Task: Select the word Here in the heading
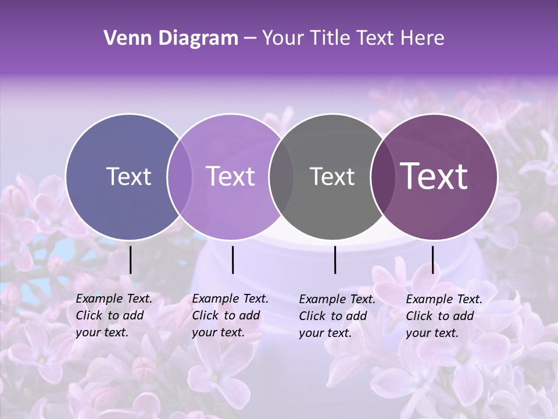point(423,38)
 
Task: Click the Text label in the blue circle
point(128,176)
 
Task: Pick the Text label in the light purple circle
point(231,176)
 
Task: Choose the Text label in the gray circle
point(332,176)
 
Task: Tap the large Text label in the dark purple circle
point(434,176)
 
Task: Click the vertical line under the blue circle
point(130,260)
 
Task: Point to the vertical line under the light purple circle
point(233,260)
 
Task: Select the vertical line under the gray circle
point(335,260)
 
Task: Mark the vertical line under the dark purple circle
point(432,260)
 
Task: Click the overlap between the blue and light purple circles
point(180,176)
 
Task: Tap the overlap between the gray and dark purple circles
point(382,176)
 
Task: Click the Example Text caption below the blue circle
point(114,315)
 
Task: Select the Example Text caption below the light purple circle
point(230,315)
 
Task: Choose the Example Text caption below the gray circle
point(337,316)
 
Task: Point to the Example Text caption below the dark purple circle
point(444,316)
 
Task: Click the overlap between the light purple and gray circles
point(281,176)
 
